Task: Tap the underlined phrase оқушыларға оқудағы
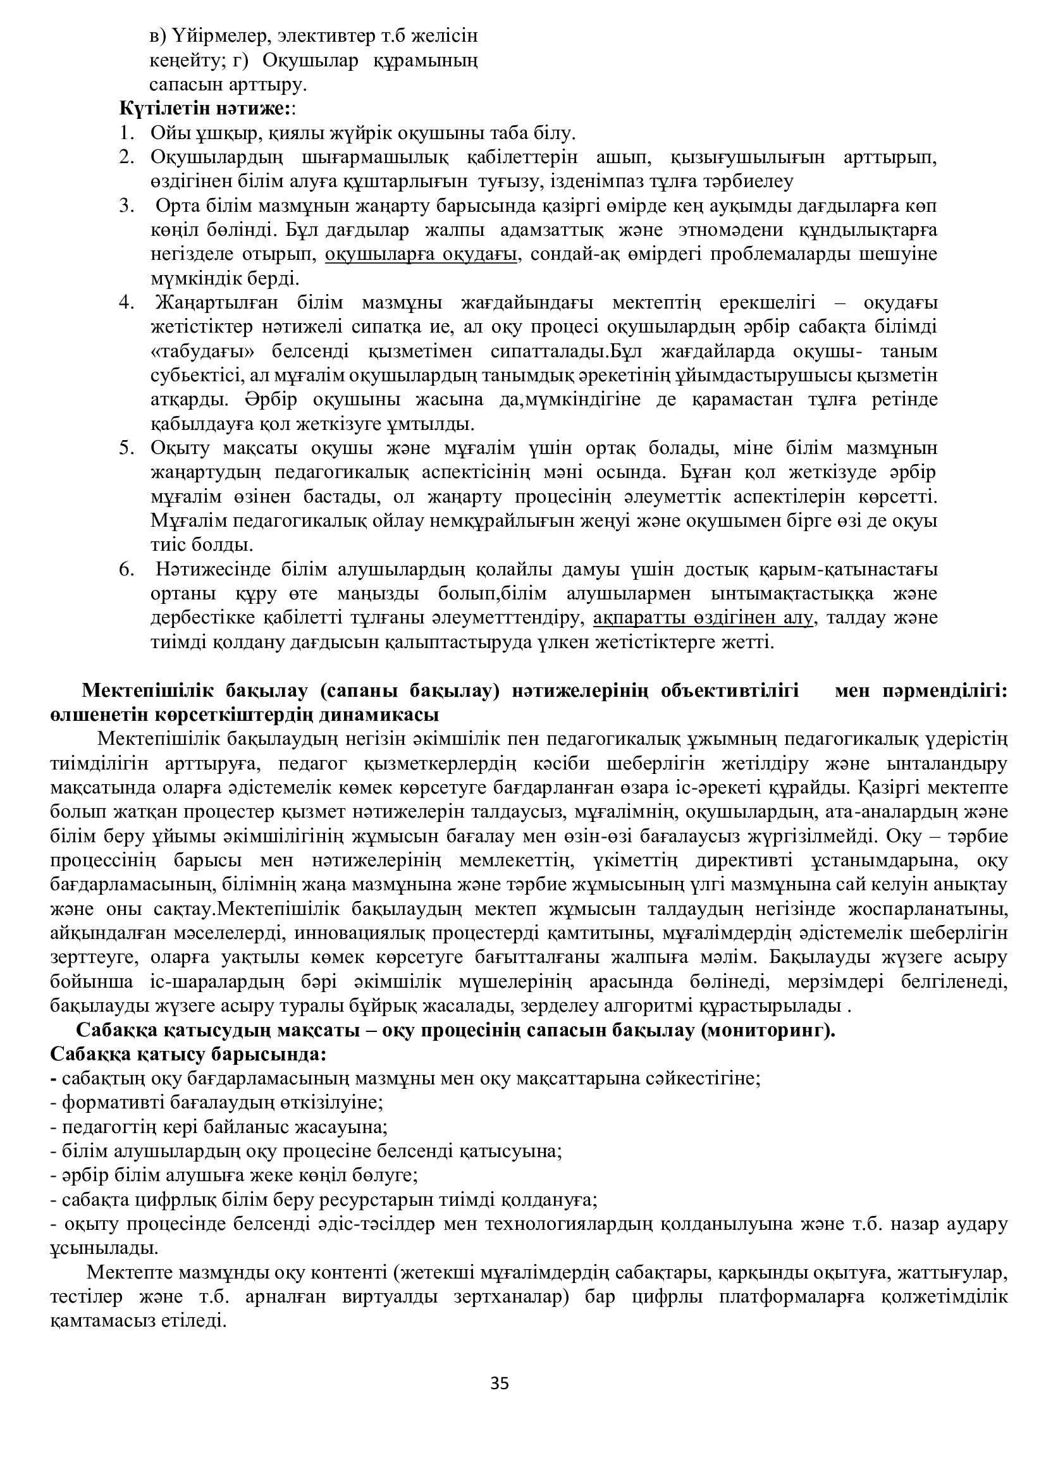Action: pos(421,254)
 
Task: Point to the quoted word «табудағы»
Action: pos(204,352)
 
